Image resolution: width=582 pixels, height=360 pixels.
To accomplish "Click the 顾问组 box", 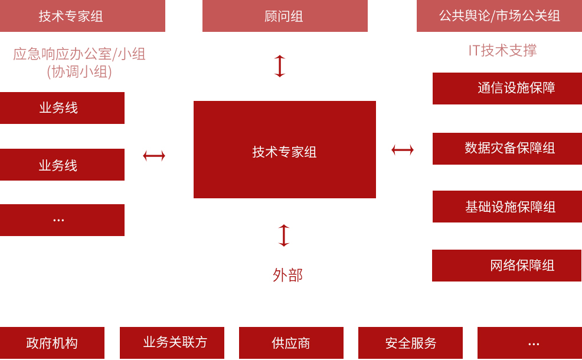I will [x=285, y=16].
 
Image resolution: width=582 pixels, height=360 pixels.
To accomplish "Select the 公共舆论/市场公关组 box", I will [x=499, y=16].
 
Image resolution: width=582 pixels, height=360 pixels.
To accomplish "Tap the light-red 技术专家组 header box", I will [x=82, y=16].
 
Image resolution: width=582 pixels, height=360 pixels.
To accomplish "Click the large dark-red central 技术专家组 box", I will [x=285, y=150].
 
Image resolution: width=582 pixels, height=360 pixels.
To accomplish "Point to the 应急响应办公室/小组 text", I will [x=79, y=54].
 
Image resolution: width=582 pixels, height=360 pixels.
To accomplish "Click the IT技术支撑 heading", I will [x=502, y=51].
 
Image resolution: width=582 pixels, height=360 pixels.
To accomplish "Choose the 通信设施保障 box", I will [x=507, y=89].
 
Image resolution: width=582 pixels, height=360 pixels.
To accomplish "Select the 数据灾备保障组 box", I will [x=507, y=149].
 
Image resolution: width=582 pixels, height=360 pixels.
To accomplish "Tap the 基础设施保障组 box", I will [x=507, y=207].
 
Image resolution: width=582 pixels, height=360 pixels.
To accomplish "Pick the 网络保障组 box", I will [x=506, y=266].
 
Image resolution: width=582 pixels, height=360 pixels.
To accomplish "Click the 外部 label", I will [x=287, y=275].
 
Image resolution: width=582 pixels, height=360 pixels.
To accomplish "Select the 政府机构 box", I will [x=52, y=343].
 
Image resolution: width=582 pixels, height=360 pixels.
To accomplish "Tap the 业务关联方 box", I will [x=172, y=343].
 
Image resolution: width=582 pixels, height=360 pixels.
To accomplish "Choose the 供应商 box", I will [x=291, y=343].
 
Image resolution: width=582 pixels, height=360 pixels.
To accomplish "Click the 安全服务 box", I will [x=410, y=343].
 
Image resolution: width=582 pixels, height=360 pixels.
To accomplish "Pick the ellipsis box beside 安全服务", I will [x=529, y=343].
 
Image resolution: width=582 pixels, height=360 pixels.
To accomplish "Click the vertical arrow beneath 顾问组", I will [x=280, y=66].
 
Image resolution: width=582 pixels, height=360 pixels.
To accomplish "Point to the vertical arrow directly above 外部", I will [x=284, y=235].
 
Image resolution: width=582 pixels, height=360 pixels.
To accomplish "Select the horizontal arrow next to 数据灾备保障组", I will [x=403, y=150].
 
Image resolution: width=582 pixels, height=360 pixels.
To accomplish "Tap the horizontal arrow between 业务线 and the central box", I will [x=154, y=156].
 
